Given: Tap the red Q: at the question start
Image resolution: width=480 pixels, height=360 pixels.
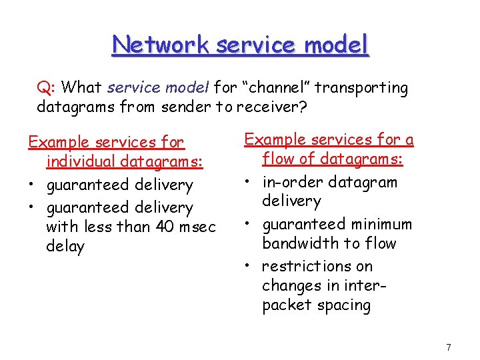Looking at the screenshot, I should tap(46, 87).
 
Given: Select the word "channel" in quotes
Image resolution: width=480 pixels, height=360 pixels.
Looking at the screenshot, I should tap(278, 87).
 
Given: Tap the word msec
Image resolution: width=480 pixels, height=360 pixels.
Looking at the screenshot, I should tap(198, 227).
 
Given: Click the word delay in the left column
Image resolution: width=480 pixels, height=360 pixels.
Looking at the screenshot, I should tap(65, 247).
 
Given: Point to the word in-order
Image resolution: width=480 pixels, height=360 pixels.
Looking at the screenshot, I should tap(292, 182).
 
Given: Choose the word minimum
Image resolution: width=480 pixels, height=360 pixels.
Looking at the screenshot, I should tap(383, 224).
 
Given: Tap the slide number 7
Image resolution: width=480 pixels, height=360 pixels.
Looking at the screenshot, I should tap(449, 347).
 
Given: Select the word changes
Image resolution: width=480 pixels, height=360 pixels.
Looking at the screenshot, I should tap(291, 285).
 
